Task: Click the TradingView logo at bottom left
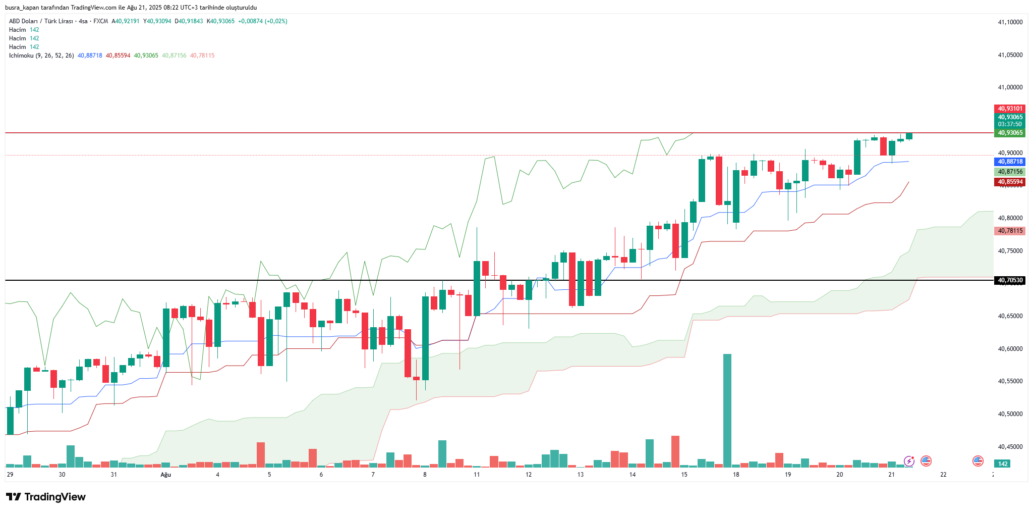pos(46,497)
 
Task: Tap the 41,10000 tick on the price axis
pos(1010,22)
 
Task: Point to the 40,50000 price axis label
pos(1010,414)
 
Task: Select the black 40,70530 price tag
pos(1010,280)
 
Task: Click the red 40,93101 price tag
pos(1010,109)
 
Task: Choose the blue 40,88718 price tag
pos(1010,162)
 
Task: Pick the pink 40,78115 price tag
pos(1010,231)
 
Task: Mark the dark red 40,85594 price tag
pos(1010,182)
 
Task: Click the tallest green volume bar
pos(727,409)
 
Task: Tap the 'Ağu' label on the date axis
pos(165,475)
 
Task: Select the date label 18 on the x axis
pos(736,475)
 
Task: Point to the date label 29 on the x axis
pos(10,475)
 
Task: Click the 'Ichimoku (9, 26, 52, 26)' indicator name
pos(41,56)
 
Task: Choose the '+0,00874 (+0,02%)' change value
pos(262,21)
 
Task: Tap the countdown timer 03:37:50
pos(1010,124)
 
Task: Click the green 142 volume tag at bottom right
pos(1003,464)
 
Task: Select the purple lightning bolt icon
pos(909,461)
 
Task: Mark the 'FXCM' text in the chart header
pos(100,21)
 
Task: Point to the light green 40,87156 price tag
pos(1010,172)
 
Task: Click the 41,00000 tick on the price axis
pos(1010,87)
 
